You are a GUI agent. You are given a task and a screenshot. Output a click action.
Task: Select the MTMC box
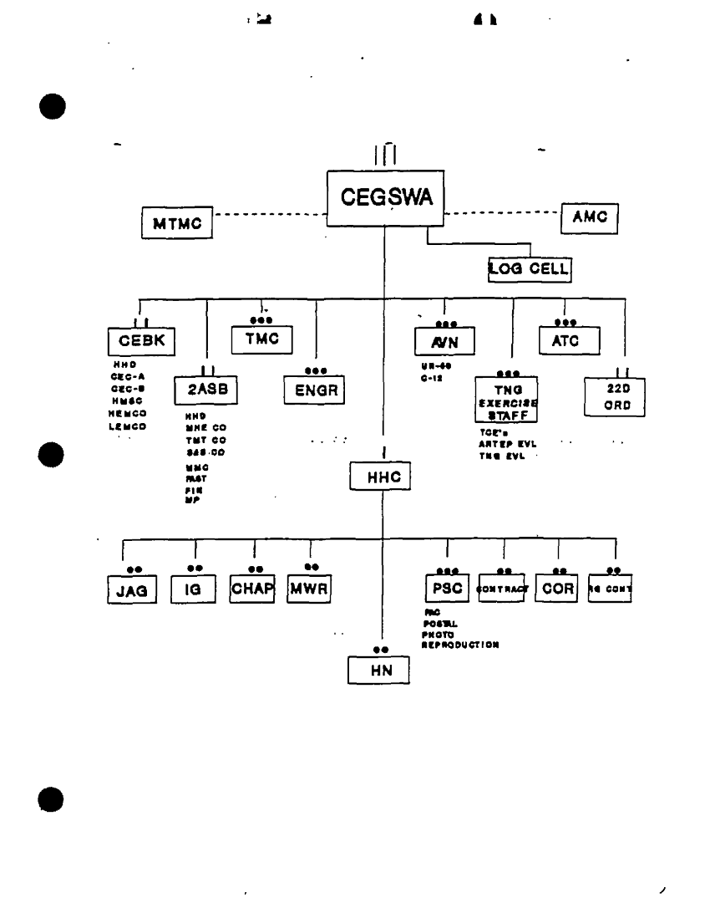[176, 224]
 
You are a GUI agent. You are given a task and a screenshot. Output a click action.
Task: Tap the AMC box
[590, 217]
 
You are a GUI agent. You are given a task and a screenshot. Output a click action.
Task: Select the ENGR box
[313, 389]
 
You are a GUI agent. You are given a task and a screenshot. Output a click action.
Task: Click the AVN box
[443, 341]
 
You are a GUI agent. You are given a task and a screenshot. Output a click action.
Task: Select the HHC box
[383, 477]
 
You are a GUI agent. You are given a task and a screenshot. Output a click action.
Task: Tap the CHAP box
[253, 588]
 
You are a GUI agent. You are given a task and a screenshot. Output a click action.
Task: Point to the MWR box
[310, 588]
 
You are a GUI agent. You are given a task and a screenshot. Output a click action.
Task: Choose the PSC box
[447, 589]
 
